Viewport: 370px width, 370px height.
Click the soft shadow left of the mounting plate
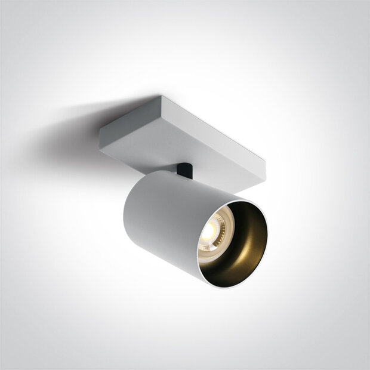pyautogui.click(x=66, y=134)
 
